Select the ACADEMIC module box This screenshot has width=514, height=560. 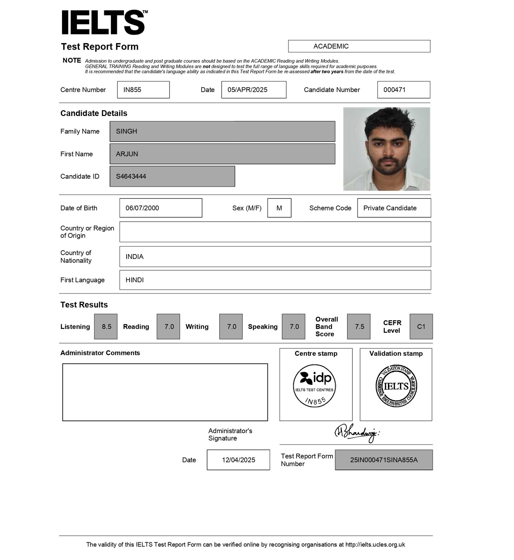point(359,46)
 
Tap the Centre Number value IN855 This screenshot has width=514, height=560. point(143,90)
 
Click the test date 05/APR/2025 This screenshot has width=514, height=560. point(253,90)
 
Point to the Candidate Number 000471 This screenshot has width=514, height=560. point(403,90)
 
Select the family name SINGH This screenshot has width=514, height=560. point(222,131)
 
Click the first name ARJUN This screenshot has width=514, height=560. point(222,154)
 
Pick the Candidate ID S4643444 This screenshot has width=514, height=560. point(172,176)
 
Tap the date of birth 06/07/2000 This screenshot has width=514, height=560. point(161,208)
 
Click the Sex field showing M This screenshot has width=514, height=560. point(279,208)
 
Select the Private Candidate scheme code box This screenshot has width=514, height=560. point(394,208)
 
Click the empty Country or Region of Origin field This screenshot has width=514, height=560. point(275,232)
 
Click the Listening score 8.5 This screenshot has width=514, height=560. point(106,326)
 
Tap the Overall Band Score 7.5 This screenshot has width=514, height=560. point(359,326)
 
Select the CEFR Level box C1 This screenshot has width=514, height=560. point(421,326)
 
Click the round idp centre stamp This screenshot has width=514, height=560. point(315,386)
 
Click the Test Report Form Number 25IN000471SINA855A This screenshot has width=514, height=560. point(384,460)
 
